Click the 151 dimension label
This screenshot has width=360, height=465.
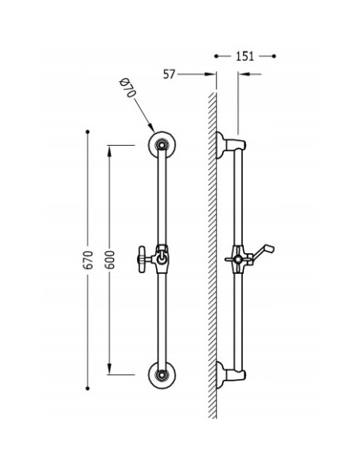point(245,56)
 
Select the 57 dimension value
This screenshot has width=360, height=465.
point(170,74)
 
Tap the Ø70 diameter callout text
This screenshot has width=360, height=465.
point(127,88)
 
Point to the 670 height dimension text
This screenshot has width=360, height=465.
point(88,260)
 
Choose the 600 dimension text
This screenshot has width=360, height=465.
point(110,260)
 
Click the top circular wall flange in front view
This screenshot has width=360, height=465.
point(162,145)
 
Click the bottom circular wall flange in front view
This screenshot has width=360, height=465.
point(162,375)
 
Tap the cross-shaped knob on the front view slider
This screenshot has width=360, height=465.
point(142,260)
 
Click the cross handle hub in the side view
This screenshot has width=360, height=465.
point(237,260)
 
